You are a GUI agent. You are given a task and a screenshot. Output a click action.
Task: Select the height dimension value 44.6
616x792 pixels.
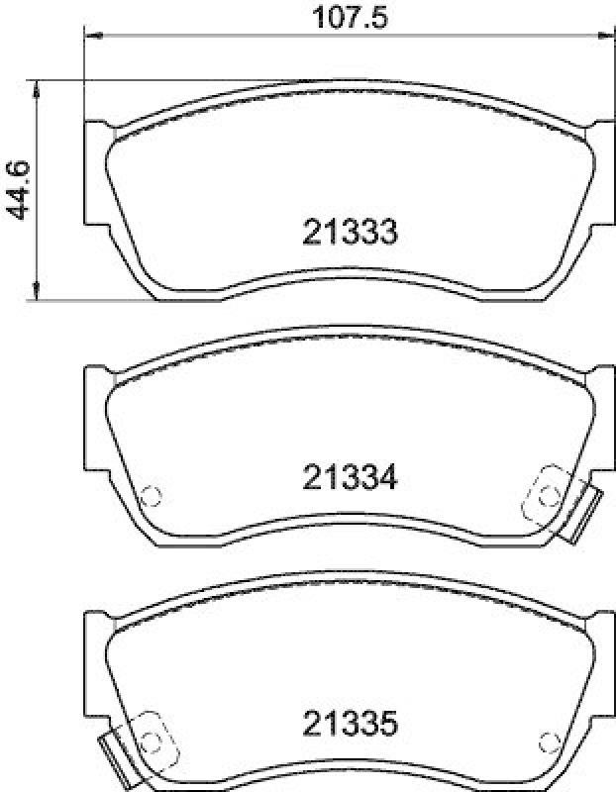(18, 187)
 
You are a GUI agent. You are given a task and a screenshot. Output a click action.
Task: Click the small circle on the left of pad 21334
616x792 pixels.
(151, 496)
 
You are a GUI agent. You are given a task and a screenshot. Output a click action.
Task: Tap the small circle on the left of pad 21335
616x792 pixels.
(151, 742)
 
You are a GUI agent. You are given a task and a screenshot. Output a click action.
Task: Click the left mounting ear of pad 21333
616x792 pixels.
(94, 173)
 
